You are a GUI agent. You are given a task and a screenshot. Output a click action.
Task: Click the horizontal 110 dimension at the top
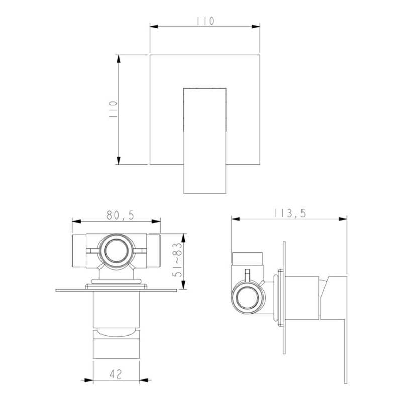pyautogui.click(x=206, y=21)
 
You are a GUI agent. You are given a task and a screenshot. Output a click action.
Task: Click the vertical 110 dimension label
pyautogui.click(x=113, y=109)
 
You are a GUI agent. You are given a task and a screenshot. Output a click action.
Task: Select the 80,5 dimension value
pyautogui.click(x=120, y=216)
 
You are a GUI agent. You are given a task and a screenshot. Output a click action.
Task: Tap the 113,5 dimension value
pyautogui.click(x=290, y=213)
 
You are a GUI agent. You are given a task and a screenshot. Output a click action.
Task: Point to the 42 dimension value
pyautogui.click(x=116, y=374)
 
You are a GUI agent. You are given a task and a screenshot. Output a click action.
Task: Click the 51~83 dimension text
pyautogui.click(x=177, y=260)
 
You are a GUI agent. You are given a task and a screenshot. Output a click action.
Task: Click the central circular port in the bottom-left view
pyautogui.click(x=116, y=251)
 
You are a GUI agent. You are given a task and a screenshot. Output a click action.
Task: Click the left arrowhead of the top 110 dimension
pyautogui.click(x=154, y=27)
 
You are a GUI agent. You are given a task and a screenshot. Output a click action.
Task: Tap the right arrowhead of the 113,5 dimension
pyautogui.click(x=343, y=219)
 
